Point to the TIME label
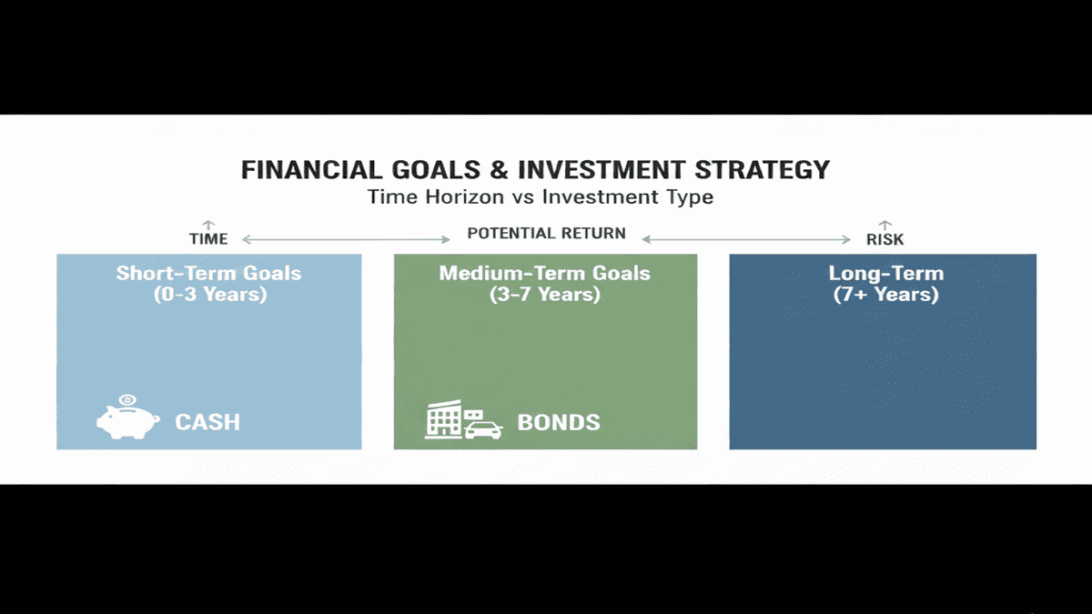(207, 239)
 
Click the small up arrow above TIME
(207, 224)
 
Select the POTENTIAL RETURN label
(546, 233)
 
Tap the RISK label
(885, 239)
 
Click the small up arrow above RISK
(885, 224)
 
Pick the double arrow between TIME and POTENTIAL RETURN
(347, 239)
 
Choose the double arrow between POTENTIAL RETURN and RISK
(745, 239)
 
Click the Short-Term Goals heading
(208, 273)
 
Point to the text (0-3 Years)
(208, 294)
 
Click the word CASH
(207, 422)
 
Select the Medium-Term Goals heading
(545, 273)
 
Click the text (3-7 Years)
(545, 294)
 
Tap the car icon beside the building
(483, 428)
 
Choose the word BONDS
(559, 422)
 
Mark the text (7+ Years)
(883, 294)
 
